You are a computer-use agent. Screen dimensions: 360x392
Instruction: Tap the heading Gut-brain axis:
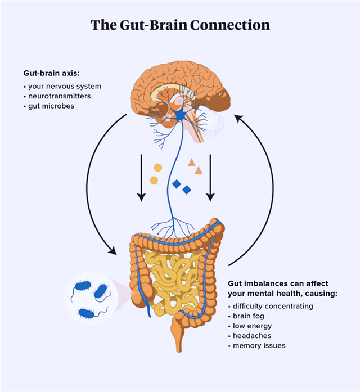tap(51, 73)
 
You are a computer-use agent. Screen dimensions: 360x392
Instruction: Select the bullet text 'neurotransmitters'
tap(60, 96)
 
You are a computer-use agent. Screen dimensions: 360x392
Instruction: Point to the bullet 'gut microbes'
tap(51, 106)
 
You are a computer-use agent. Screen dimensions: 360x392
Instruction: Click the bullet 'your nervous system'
tap(65, 86)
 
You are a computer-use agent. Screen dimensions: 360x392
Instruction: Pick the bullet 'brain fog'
tap(249, 316)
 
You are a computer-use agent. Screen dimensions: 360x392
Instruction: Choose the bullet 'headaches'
tap(252, 336)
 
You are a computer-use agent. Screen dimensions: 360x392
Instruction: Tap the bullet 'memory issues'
tap(259, 345)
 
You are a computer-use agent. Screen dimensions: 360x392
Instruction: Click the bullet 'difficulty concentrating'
tap(273, 307)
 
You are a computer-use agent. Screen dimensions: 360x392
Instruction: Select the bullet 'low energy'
tap(252, 326)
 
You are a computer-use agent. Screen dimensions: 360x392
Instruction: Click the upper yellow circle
tap(157, 168)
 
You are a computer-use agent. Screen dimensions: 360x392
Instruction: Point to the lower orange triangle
tap(199, 171)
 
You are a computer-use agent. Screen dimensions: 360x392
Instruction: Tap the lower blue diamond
tap(187, 190)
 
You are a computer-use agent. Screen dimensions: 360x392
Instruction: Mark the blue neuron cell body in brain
tap(180, 115)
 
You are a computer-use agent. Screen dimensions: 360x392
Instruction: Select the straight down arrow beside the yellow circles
tap(142, 178)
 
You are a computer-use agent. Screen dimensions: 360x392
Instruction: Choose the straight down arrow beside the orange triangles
tap(210, 178)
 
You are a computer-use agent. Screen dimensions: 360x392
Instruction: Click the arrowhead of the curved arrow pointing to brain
tap(238, 118)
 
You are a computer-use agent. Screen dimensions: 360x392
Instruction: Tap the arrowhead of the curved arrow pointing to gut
tap(112, 250)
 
